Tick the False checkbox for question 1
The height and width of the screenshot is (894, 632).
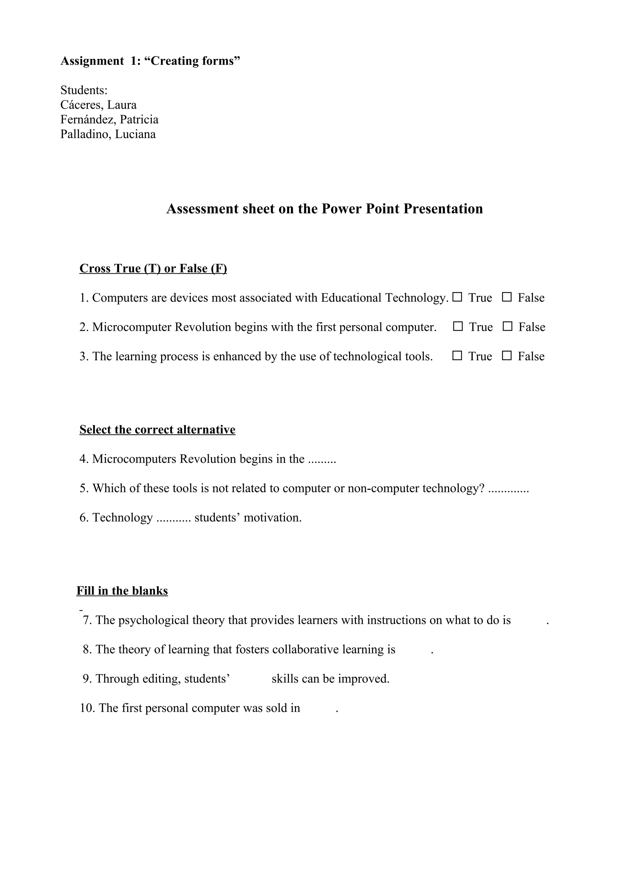507,297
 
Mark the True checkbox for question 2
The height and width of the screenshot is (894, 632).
458,326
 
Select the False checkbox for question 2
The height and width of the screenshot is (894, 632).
507,326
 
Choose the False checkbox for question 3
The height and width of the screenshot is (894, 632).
507,355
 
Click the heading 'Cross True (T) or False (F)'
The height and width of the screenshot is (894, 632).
153,268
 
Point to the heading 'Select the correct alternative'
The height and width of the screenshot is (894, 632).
157,429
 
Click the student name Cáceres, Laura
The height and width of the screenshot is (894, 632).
98,105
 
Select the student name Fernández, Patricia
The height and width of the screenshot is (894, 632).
110,119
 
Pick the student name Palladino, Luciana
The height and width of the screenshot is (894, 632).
108,134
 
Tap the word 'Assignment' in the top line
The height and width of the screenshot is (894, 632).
92,61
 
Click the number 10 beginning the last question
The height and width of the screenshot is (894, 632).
87,707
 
